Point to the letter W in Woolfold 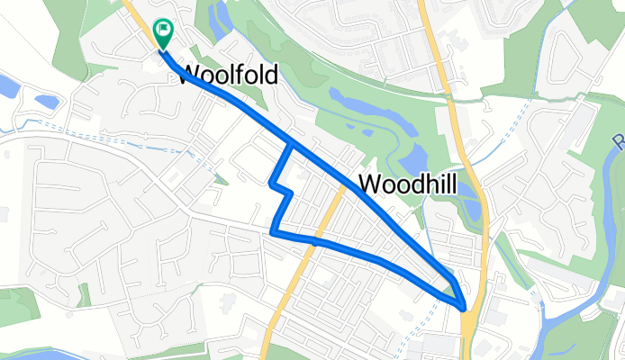click(x=195, y=74)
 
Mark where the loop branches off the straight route click(x=291, y=144)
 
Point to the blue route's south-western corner click(x=273, y=233)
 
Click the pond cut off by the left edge click(x=7, y=87)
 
